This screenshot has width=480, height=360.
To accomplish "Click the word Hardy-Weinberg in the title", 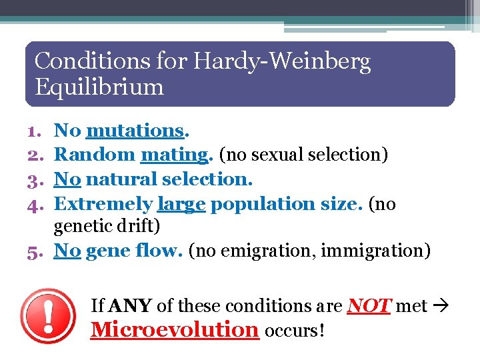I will pyautogui.click(x=282, y=61).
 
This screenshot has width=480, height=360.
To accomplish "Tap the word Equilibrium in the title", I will pyautogui.click(x=99, y=87).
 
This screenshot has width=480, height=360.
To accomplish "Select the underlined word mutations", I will pyautogui.click(x=134, y=131).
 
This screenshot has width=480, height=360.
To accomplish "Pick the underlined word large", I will pyautogui.click(x=181, y=203).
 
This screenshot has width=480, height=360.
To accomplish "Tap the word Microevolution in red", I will pyautogui.click(x=175, y=329).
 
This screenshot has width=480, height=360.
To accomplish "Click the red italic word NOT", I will pyautogui.click(x=368, y=305).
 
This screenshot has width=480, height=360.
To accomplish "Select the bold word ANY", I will pyautogui.click(x=130, y=305).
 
